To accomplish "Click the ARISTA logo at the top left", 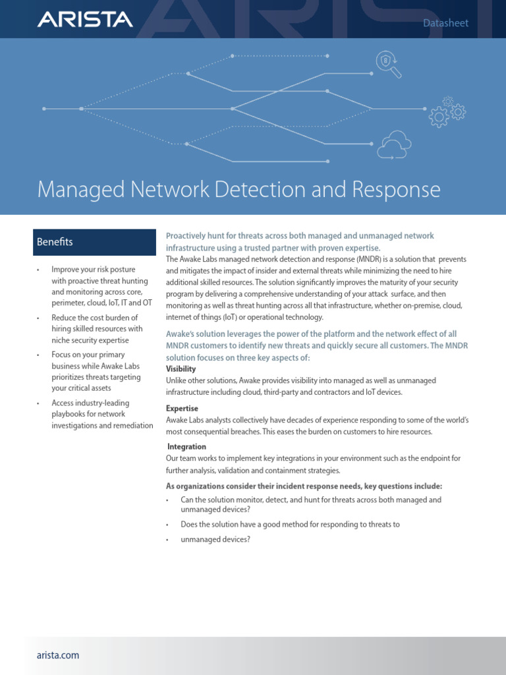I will coord(85,20).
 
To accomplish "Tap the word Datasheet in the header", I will coord(446,23).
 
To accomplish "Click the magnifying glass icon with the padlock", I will coord(388,64).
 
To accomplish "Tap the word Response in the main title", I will coord(398,190).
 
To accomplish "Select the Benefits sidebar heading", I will coord(55,242).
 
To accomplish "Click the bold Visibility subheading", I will coord(181,369).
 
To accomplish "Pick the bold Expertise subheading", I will coord(182,409).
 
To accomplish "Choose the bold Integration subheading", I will coord(187,447).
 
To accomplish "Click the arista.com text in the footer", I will coord(58,655).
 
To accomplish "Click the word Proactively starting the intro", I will coord(188,236).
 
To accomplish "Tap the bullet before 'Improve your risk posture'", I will coord(38,270).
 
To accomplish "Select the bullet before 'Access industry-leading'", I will coord(38,403).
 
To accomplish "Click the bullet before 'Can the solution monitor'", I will coord(167,500).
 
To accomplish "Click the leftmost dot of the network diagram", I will coord(44,108).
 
